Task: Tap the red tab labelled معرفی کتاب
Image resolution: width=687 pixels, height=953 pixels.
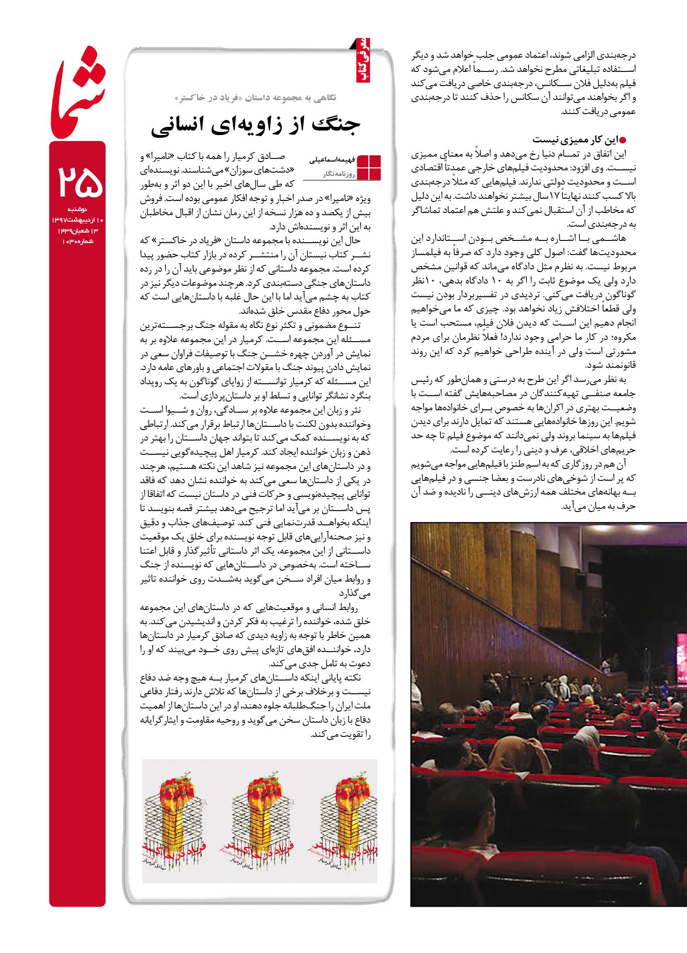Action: [x=365, y=64]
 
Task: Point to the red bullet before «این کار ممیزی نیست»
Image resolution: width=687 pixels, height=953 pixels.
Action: [x=622, y=139]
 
